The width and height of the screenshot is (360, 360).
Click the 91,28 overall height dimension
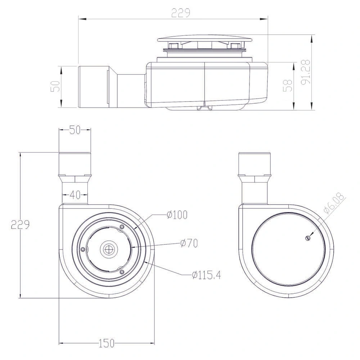click(x=306, y=72)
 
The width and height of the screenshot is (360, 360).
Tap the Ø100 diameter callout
click(x=177, y=215)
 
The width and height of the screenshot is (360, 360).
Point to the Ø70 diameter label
click(x=189, y=243)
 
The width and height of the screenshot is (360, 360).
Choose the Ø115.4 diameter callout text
click(x=206, y=275)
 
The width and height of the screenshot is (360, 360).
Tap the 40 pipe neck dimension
click(x=75, y=195)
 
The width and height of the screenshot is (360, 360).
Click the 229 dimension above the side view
click(x=180, y=13)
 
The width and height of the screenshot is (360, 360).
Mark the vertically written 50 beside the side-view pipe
click(x=55, y=86)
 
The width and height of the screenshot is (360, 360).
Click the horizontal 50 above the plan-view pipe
click(x=75, y=130)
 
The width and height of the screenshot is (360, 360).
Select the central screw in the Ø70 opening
click(x=108, y=248)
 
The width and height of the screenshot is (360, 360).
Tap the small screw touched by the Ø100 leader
click(x=122, y=227)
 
